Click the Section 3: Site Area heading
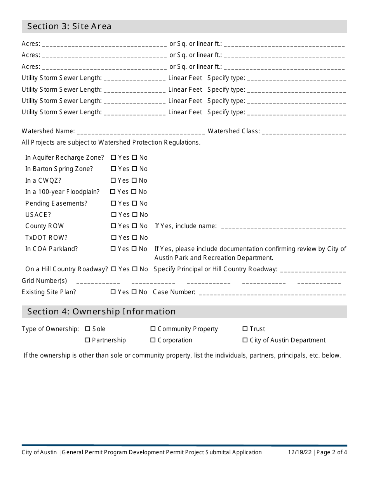[x=69, y=26]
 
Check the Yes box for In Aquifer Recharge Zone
[x=113, y=158]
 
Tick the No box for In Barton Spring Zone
[x=134, y=169]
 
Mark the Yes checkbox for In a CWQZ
[x=113, y=181]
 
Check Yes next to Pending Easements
[x=113, y=204]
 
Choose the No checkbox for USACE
[x=134, y=215]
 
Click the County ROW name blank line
[x=283, y=227]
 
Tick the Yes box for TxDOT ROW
[x=114, y=238]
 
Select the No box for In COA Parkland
[x=134, y=249]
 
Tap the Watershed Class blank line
[x=304, y=133]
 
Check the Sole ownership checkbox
[x=87, y=329]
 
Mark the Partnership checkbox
[x=87, y=340]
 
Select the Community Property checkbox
[x=153, y=329]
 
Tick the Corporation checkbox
[x=153, y=340]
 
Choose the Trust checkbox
[x=245, y=329]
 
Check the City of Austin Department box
[x=245, y=340]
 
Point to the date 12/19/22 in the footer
[x=300, y=452]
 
